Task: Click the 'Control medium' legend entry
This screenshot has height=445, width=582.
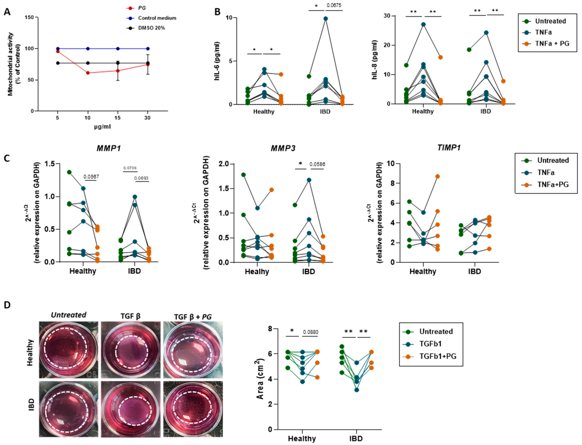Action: point(157,18)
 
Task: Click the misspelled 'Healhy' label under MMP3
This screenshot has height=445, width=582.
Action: point(257,271)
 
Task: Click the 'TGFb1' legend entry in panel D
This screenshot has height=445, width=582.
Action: point(430,344)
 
